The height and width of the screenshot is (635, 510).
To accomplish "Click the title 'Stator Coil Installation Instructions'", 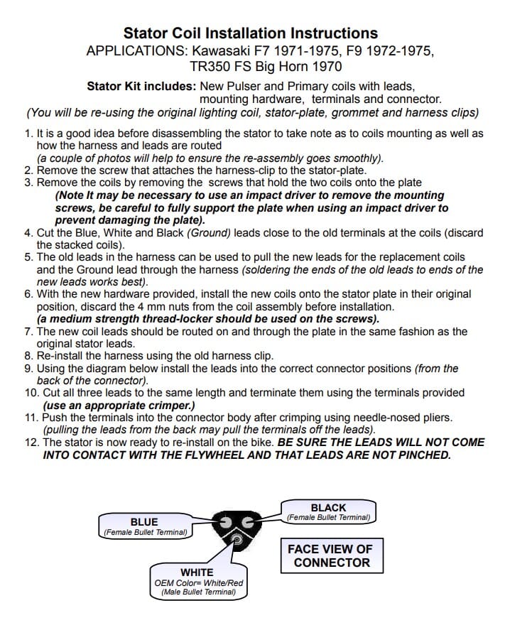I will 250,33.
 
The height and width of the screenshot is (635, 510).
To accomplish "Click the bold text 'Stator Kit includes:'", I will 141,86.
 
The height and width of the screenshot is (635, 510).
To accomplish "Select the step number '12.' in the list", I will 31,442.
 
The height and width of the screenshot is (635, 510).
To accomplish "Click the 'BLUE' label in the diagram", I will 144,522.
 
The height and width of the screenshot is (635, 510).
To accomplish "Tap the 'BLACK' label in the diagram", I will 328,508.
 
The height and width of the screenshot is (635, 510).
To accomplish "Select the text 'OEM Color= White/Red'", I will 198,583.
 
